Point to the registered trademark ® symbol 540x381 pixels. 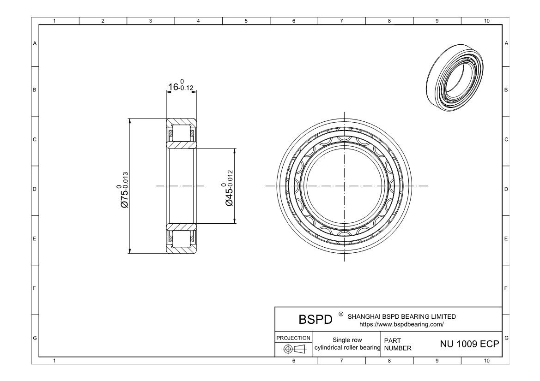[340, 314]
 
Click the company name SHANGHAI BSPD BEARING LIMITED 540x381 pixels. [401, 317]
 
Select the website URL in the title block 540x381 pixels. [401, 324]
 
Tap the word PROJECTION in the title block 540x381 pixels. [293, 338]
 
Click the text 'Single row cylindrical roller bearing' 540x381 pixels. [346, 344]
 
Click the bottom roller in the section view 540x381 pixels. [181, 239]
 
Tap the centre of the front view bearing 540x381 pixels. [345, 186]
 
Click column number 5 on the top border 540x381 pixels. [246, 21]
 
